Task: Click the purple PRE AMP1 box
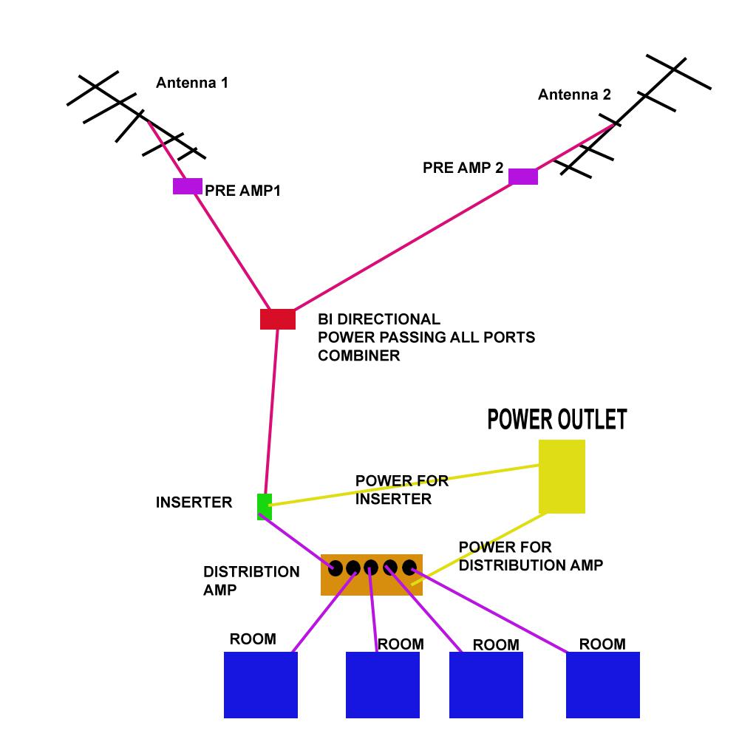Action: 187,186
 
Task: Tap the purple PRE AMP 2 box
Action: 523,177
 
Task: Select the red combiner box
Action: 278,319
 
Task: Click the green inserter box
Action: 265,506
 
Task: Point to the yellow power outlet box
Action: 562,477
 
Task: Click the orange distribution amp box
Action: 372,575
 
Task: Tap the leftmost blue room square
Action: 261,684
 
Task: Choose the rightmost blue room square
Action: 603,684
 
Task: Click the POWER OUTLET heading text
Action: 556,420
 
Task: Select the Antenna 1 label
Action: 192,83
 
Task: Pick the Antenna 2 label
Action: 574,95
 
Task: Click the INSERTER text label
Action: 194,503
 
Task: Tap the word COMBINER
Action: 358,355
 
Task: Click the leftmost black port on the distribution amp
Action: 336,568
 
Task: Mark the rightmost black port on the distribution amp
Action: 409,568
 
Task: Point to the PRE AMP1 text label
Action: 243,191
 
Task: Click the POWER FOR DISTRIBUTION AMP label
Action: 531,556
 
